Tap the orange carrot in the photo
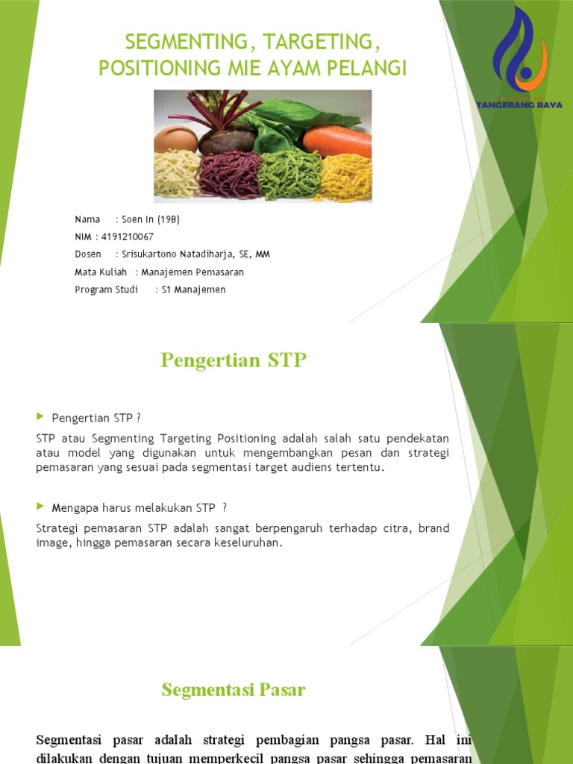click(x=337, y=141)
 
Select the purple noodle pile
click(x=229, y=175)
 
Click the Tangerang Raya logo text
click(x=519, y=105)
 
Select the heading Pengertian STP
click(x=234, y=360)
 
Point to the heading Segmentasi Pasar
click(x=234, y=690)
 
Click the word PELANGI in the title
click(x=371, y=69)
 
